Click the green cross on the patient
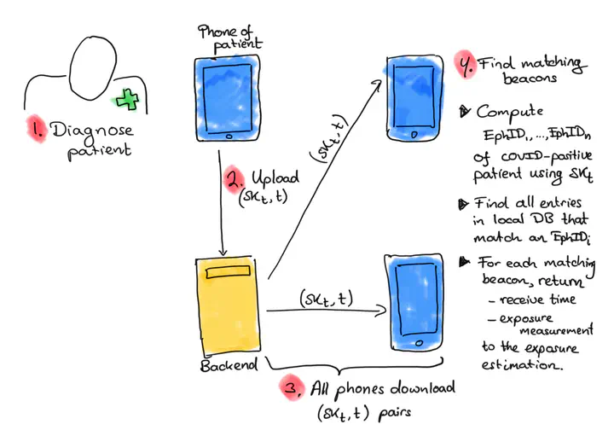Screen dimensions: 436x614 click(128, 100)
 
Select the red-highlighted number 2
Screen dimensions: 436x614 click(234, 179)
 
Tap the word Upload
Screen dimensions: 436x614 click(275, 179)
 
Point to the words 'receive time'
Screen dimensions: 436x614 click(538, 299)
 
